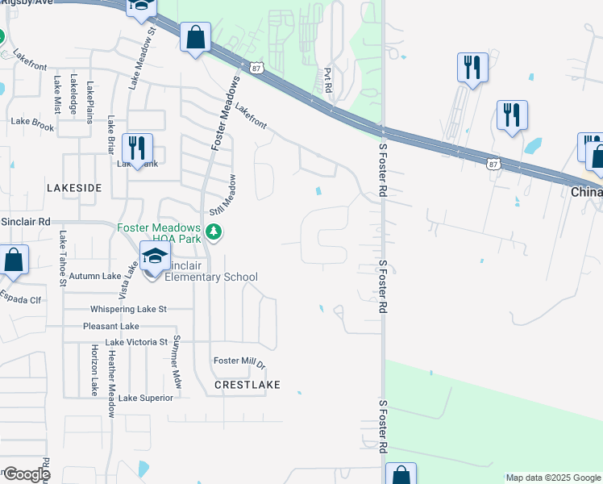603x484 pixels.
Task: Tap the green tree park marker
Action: [x=214, y=233]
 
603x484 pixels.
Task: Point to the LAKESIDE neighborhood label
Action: [x=74, y=187]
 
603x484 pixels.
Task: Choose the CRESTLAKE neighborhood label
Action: [x=247, y=385]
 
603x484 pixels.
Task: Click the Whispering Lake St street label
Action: [x=129, y=309]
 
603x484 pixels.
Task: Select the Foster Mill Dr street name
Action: [x=239, y=361]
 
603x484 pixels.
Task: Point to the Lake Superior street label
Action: [x=146, y=398]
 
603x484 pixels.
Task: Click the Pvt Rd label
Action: [x=328, y=80]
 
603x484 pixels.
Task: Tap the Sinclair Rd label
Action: [x=25, y=220]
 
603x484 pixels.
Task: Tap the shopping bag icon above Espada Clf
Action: [x=14, y=260]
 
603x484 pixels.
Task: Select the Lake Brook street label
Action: [x=32, y=127]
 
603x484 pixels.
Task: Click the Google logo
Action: [x=26, y=474]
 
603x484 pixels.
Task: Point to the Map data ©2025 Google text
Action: [x=552, y=478]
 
